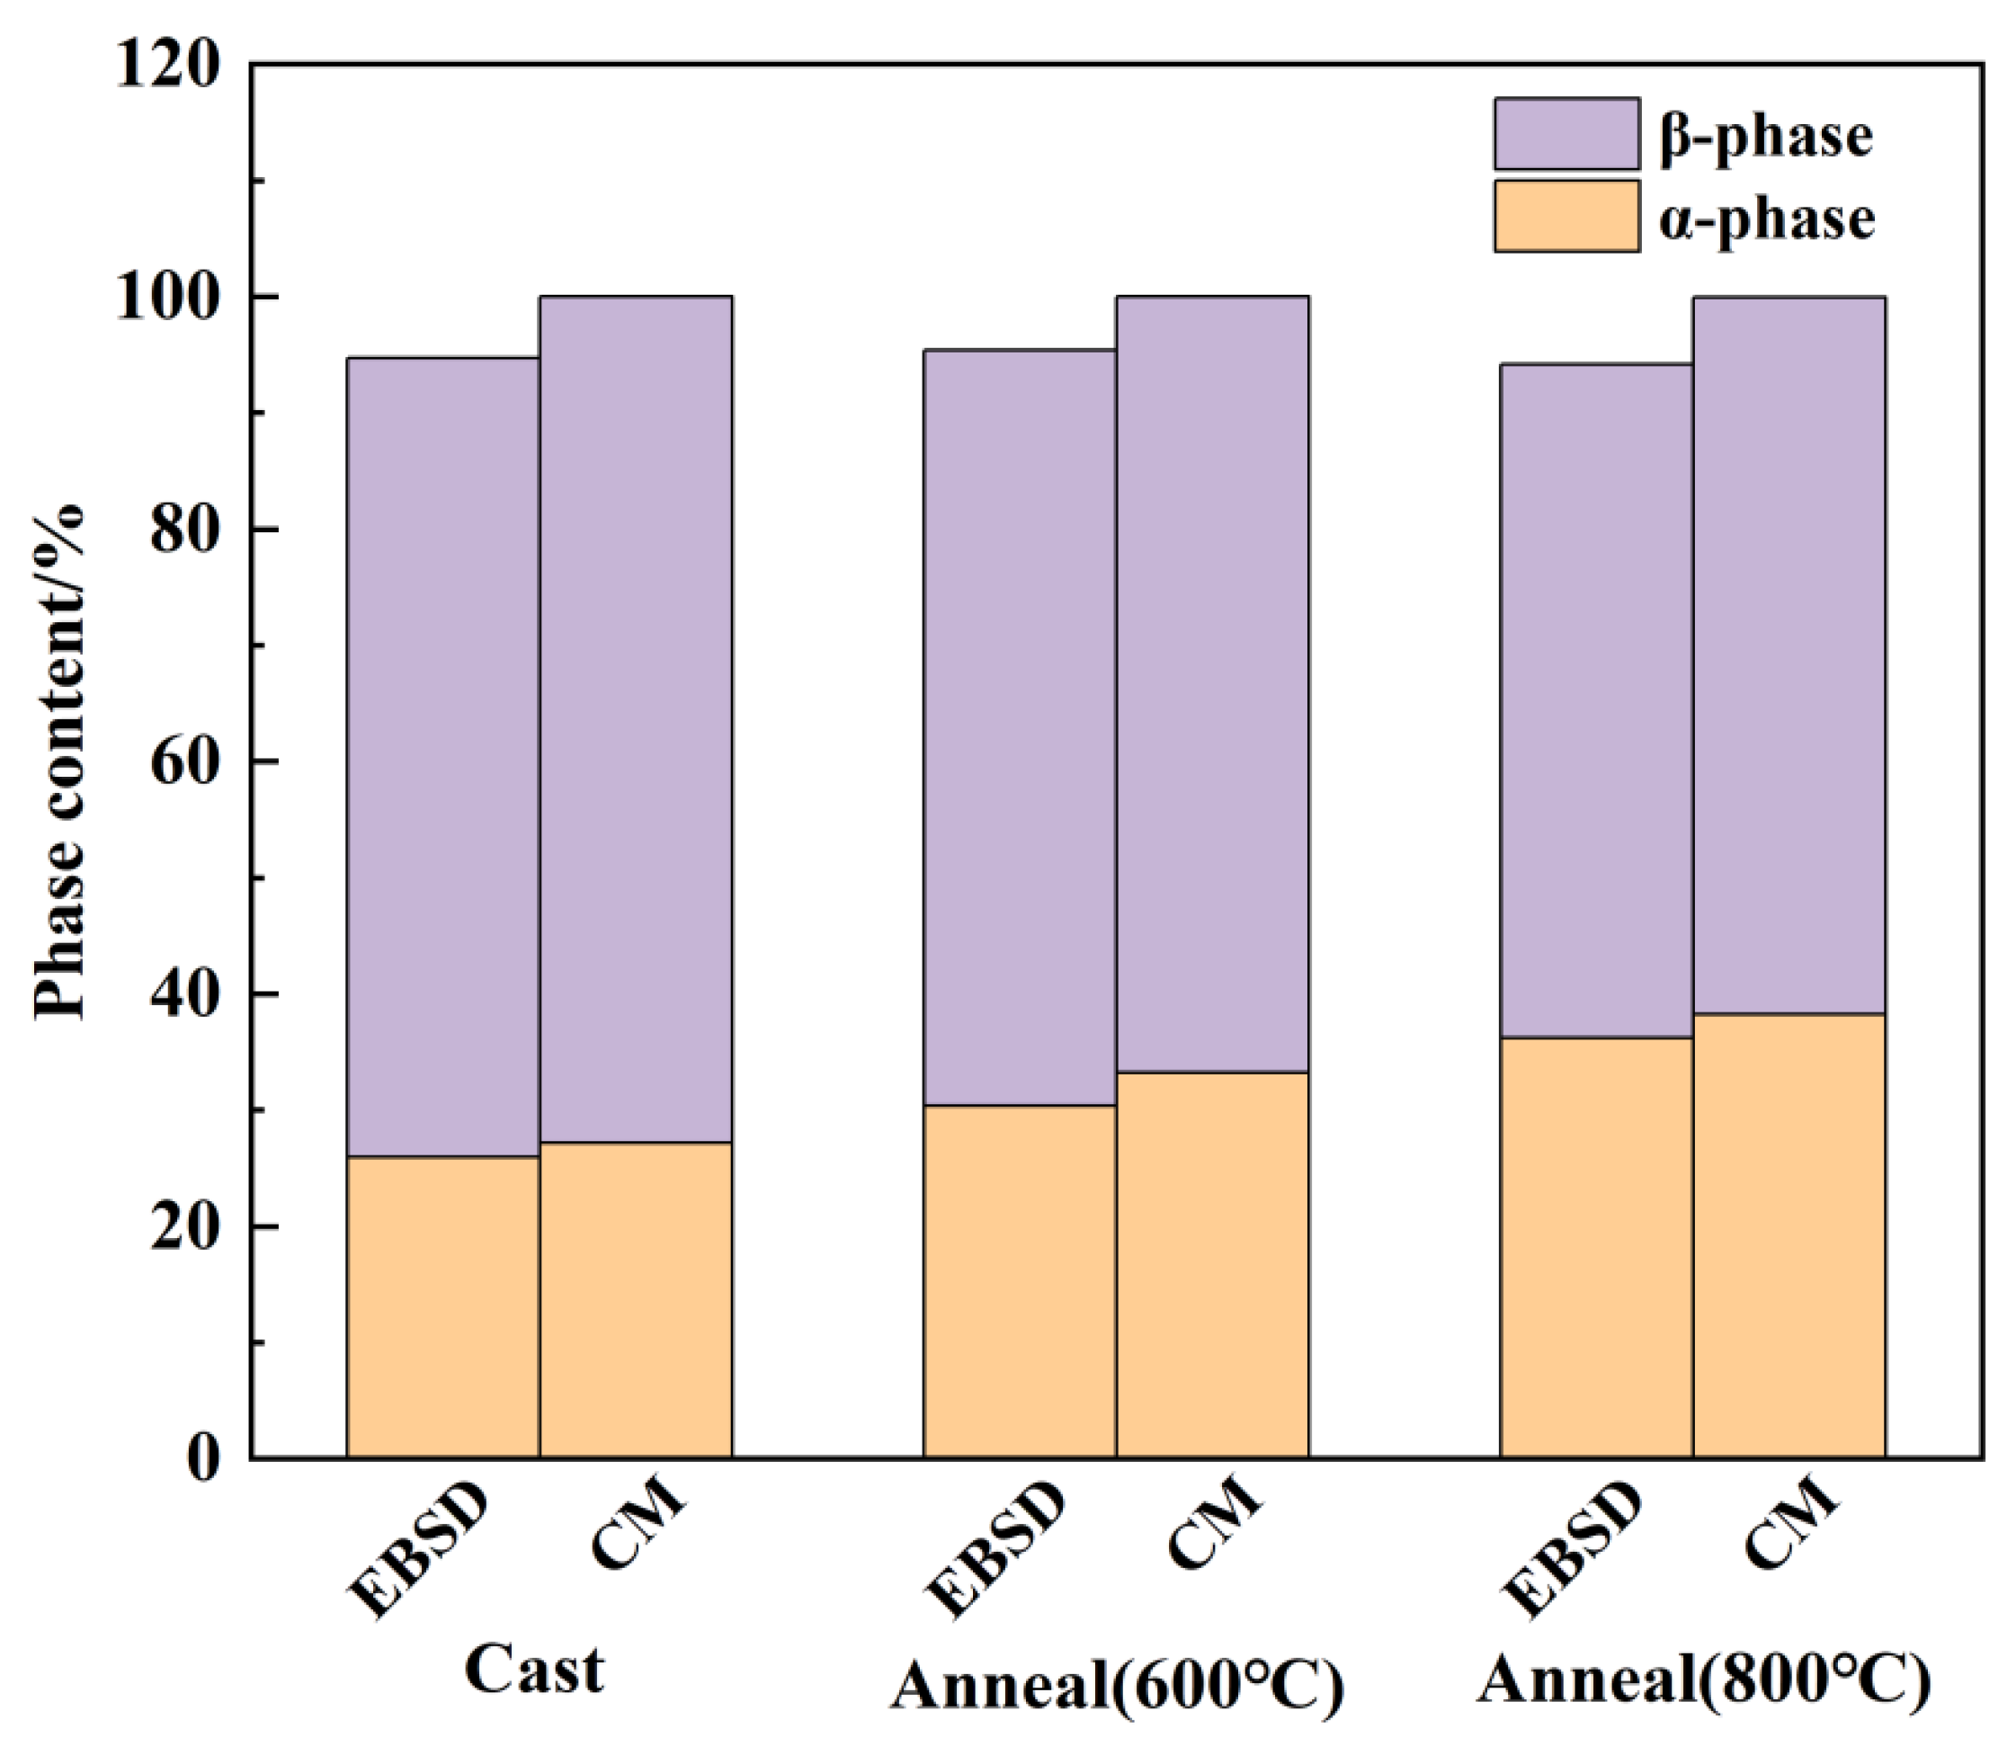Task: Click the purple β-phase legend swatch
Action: (1566, 133)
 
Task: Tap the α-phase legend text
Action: (1767, 218)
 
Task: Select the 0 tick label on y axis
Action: (203, 1458)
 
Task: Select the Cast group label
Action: (534, 1669)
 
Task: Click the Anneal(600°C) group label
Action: (1117, 1686)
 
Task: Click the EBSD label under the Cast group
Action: (417, 1550)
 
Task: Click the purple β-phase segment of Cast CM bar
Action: (636, 718)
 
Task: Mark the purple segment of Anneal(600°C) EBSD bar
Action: (1019, 726)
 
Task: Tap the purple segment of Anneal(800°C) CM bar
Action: (1789, 655)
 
